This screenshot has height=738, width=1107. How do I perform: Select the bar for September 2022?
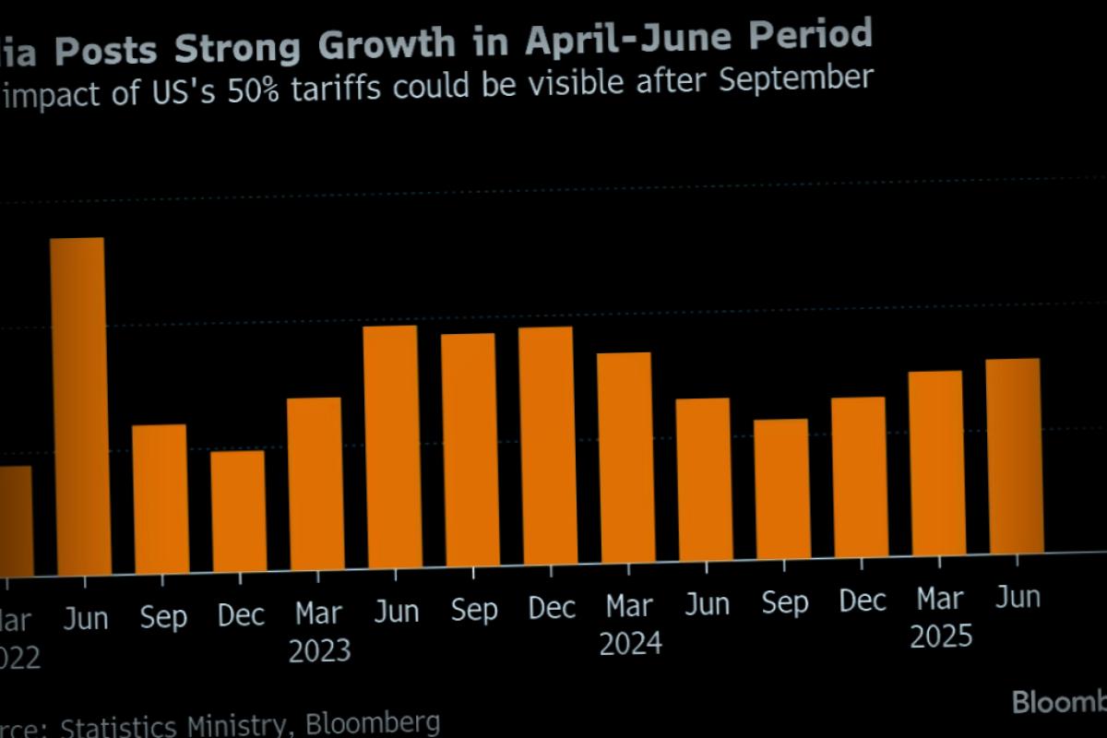pyautogui.click(x=161, y=498)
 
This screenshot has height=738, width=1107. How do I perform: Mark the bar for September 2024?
pyautogui.click(x=782, y=488)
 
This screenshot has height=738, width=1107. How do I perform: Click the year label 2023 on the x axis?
pyautogui.click(x=319, y=650)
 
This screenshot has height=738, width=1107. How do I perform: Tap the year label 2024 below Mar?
pyautogui.click(x=631, y=643)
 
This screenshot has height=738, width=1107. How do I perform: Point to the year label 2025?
pyautogui.click(x=941, y=636)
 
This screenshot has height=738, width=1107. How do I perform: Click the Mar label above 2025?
pyautogui.click(x=940, y=599)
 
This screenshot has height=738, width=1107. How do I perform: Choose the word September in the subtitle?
pyautogui.click(x=795, y=79)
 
